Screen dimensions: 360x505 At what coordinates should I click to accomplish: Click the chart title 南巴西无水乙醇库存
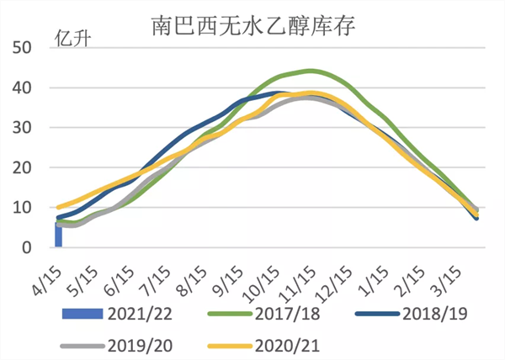click(x=253, y=26)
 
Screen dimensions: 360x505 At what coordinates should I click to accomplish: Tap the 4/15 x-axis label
click(x=49, y=275)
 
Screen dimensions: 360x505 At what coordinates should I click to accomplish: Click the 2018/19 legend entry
click(x=400, y=315)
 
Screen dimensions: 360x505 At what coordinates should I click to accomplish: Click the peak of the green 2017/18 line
click(x=311, y=71)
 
